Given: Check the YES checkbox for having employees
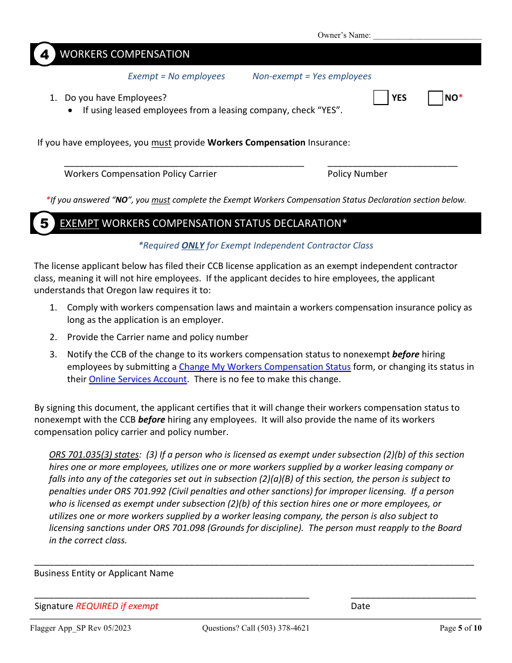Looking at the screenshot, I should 381,98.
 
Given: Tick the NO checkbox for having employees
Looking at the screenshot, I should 435,98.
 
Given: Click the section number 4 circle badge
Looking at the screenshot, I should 45,54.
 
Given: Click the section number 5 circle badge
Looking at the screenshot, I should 45,223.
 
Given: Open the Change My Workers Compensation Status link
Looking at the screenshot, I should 265,367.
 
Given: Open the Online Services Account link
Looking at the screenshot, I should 138,379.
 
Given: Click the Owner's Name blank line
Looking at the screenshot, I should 427,36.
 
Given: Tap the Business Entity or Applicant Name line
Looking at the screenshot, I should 254,562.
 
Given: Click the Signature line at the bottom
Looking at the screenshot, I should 171,596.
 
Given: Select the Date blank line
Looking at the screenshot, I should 413,596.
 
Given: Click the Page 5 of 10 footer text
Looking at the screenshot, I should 460,628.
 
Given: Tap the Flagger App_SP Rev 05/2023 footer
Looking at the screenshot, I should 80,628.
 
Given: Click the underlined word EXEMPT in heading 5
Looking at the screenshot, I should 79,223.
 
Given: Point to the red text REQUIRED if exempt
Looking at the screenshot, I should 117,606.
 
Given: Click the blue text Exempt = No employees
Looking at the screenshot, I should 176,76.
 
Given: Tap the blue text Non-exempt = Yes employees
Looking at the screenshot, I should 312,76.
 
